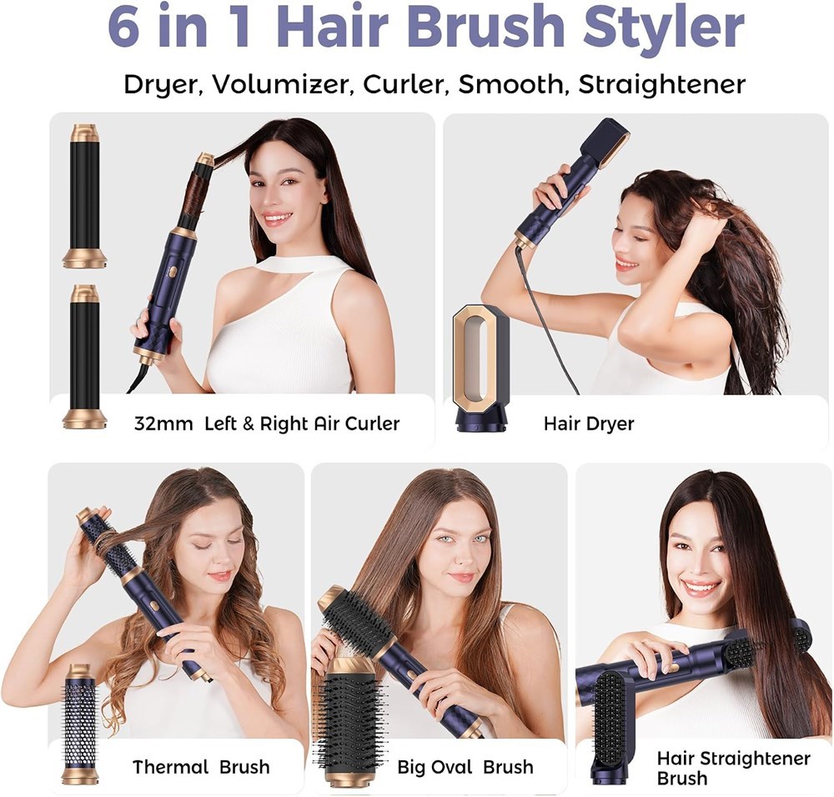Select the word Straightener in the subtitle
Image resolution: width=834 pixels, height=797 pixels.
tap(661, 84)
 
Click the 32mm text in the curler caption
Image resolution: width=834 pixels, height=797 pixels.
tap(163, 424)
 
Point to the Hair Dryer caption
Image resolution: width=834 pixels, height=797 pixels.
tap(589, 424)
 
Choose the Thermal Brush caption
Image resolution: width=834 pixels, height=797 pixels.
tap(201, 767)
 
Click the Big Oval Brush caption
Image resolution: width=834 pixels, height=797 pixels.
tap(465, 767)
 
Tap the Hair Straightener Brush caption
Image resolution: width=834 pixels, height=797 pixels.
tap(733, 768)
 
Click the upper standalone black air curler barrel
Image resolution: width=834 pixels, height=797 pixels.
tap(85, 196)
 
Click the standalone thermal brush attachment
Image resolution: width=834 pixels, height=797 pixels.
tap(80, 724)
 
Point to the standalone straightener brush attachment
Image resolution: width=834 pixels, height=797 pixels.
tap(611, 727)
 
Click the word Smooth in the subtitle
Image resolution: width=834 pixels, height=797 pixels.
tap(510, 84)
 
